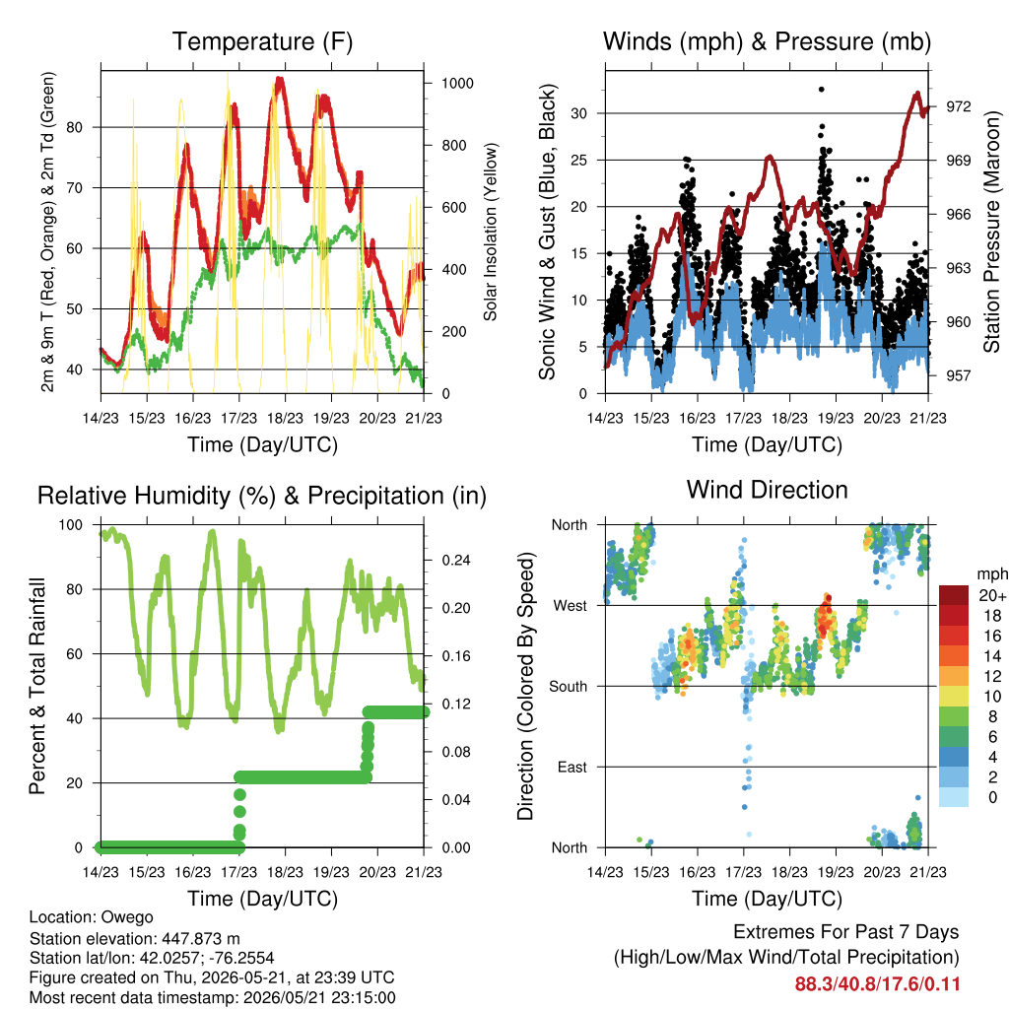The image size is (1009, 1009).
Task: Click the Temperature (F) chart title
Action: [x=262, y=41]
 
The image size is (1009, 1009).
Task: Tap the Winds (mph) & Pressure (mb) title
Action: [x=767, y=41]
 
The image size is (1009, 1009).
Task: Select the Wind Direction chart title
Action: [x=767, y=490]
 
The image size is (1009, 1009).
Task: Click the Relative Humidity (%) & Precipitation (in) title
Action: [x=262, y=497]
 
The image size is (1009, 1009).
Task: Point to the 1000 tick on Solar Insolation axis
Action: [x=457, y=84]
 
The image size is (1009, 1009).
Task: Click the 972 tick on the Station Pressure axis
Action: [x=958, y=106]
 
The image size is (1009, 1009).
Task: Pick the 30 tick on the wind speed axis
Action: [x=579, y=114]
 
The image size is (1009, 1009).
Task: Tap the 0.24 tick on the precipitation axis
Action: [x=456, y=561]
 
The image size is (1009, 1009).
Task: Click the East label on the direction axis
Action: [x=572, y=767]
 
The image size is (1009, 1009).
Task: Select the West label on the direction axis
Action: [x=571, y=606]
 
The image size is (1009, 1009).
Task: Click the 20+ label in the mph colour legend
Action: [x=992, y=596]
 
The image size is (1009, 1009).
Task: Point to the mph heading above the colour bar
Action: [x=992, y=574]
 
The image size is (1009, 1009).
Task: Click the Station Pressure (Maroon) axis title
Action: [x=991, y=232]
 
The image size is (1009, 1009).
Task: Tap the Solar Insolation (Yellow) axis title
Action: [x=491, y=232]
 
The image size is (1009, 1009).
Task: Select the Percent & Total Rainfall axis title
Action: [x=37, y=686]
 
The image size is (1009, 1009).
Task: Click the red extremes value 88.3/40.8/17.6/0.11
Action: [x=877, y=984]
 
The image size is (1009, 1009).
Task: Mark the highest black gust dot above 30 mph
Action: [x=821, y=90]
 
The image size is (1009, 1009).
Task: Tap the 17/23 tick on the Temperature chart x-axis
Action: [x=238, y=418]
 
